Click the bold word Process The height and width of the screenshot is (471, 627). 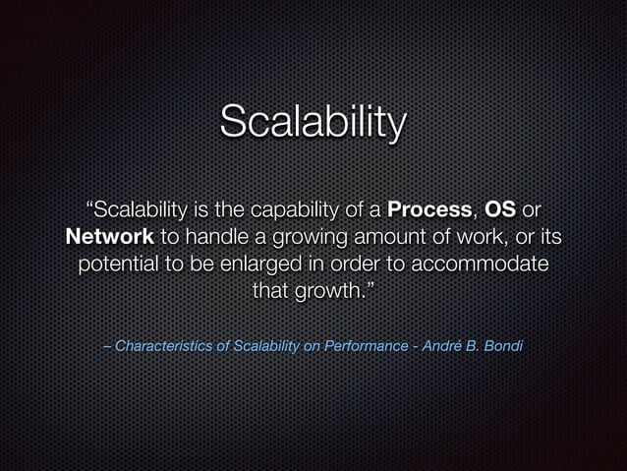(430, 210)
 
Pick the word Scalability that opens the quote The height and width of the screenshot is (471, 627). (136, 210)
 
